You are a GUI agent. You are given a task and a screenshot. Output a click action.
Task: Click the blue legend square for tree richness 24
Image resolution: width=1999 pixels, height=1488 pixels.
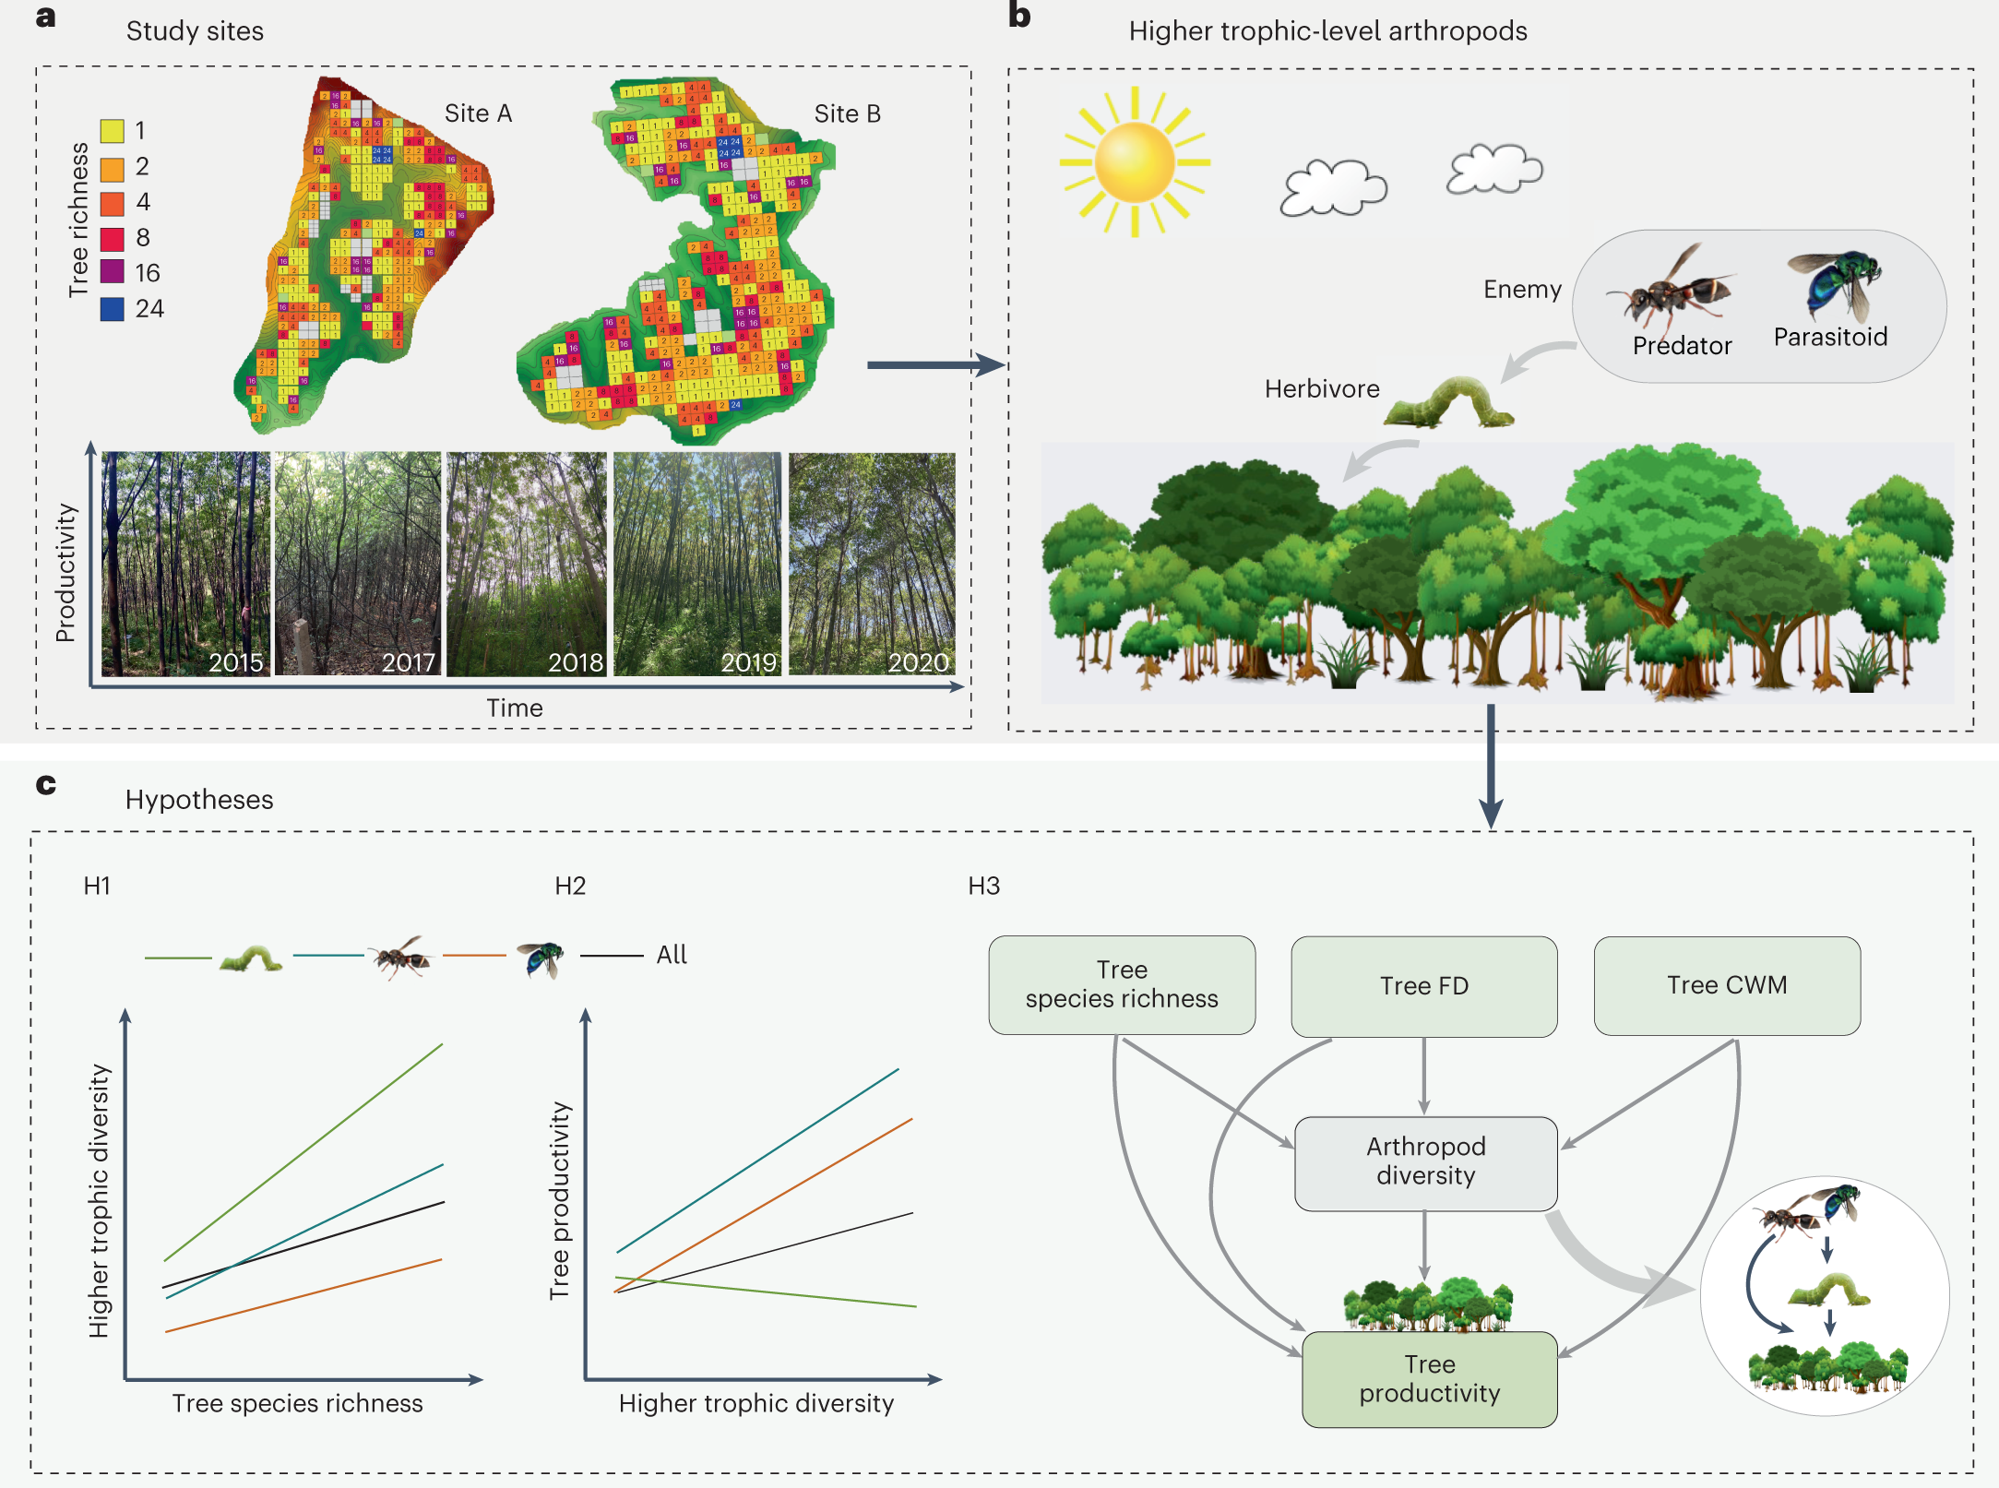coord(112,309)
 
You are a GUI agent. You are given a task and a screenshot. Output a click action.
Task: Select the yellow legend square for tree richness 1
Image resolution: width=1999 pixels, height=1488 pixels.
coord(112,131)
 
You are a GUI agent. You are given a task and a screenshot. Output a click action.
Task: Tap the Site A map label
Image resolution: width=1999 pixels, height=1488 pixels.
coord(477,113)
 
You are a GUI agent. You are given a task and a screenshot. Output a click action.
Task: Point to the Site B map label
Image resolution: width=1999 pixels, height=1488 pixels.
coord(847,114)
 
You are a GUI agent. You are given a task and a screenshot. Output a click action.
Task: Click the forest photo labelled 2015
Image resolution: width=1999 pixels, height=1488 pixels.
coord(185,564)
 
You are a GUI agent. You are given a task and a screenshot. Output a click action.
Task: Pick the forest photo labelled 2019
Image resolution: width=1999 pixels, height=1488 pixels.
coord(697,564)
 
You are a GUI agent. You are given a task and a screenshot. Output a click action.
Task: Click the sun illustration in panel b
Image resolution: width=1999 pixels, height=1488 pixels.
coord(1135,162)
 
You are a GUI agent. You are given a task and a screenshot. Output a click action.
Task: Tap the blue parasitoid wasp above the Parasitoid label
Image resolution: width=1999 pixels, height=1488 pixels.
coord(1836,280)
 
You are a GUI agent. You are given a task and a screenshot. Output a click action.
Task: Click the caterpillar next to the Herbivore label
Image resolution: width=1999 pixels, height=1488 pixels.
coord(1448,403)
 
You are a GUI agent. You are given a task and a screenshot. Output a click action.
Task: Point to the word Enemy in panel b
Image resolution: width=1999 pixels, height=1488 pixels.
coord(1522,290)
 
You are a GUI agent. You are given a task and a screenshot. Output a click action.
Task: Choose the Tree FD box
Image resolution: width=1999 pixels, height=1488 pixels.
coord(1423,986)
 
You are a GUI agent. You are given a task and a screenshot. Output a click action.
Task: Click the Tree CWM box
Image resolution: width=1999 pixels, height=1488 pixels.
coord(1726,985)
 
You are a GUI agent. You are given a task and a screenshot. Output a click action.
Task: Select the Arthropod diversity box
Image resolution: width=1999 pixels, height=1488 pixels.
coord(1425,1162)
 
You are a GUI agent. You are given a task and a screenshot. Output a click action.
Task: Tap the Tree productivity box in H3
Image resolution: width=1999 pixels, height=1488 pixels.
coord(1429,1379)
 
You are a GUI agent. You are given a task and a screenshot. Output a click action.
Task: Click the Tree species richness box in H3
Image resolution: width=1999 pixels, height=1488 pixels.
coord(1121,984)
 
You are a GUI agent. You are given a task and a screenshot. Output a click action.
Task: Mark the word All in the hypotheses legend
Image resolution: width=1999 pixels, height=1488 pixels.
coord(672,955)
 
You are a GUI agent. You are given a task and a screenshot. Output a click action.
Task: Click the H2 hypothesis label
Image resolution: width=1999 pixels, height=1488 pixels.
coord(570,887)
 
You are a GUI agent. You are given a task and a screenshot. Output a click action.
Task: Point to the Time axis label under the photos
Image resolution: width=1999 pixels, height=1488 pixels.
coord(515,708)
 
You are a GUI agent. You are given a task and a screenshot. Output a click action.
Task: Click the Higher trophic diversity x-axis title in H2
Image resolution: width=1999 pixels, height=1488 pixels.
coord(756,1403)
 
